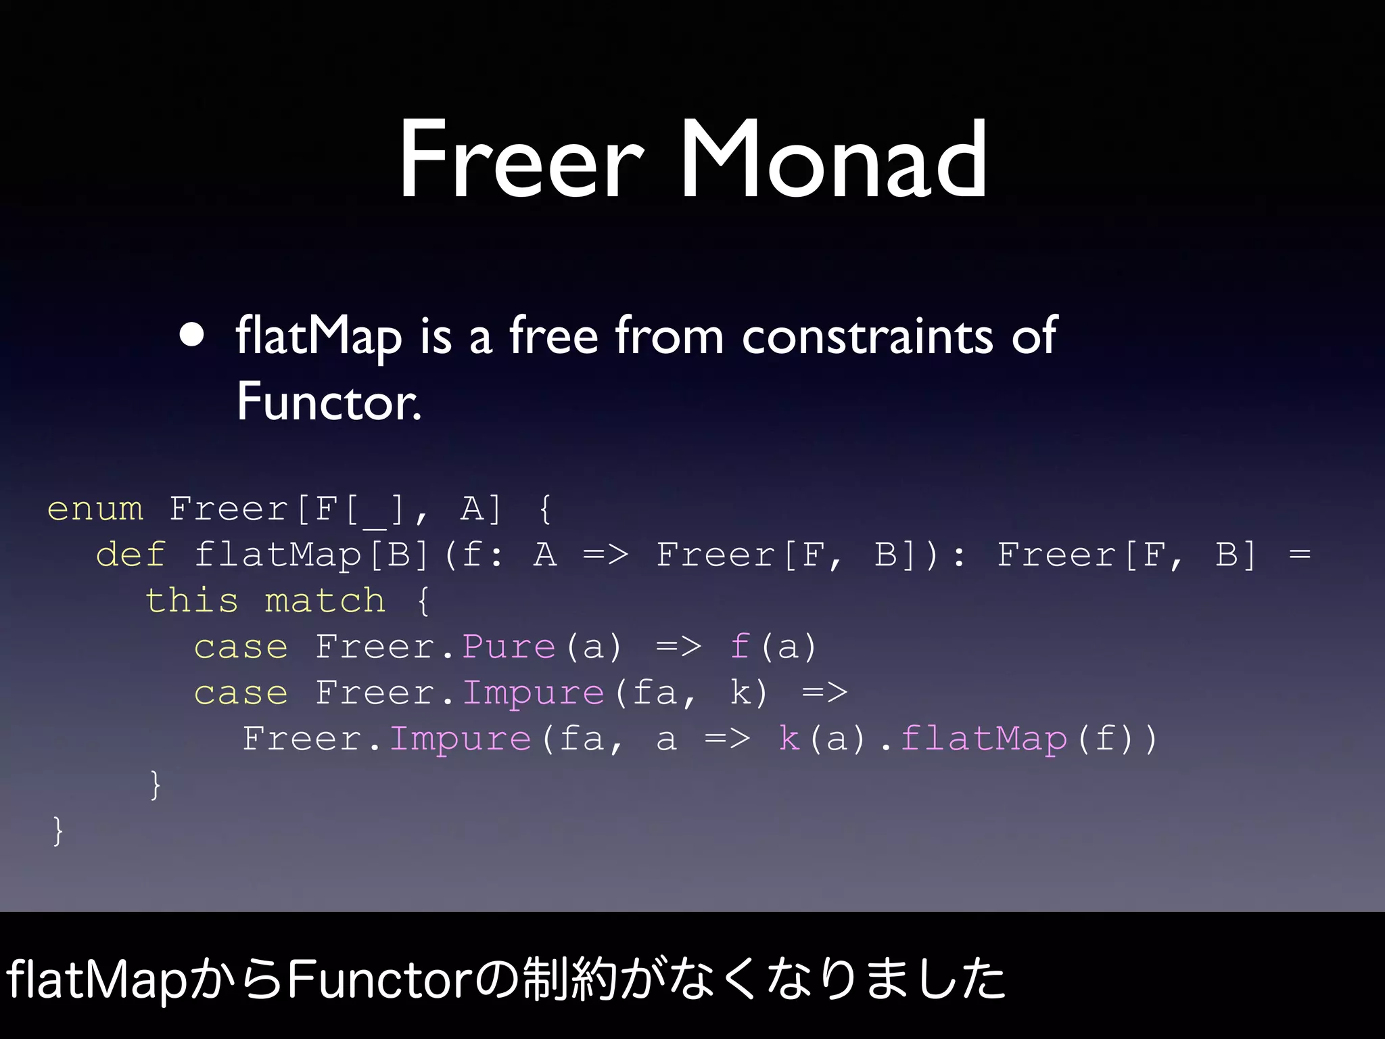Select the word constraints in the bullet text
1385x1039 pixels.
pos(867,336)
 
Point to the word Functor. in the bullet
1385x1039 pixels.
pos(329,402)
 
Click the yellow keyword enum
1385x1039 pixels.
pos(95,509)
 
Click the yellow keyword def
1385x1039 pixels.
pos(131,555)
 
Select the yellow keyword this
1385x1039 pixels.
pos(192,601)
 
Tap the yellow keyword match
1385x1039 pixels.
pos(325,601)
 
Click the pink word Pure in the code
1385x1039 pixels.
pos(509,647)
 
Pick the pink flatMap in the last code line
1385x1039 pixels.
pos(984,739)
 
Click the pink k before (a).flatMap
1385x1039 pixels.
pos(789,739)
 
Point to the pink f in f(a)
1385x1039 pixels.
pos(740,647)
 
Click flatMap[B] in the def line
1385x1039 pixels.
pos(312,555)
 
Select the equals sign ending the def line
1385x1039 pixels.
pos(1299,555)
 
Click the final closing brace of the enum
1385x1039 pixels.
pos(58,831)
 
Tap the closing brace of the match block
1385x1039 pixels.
pos(156,785)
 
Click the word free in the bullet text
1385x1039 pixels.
pos(553,336)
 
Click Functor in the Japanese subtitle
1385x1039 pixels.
pos(379,979)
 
